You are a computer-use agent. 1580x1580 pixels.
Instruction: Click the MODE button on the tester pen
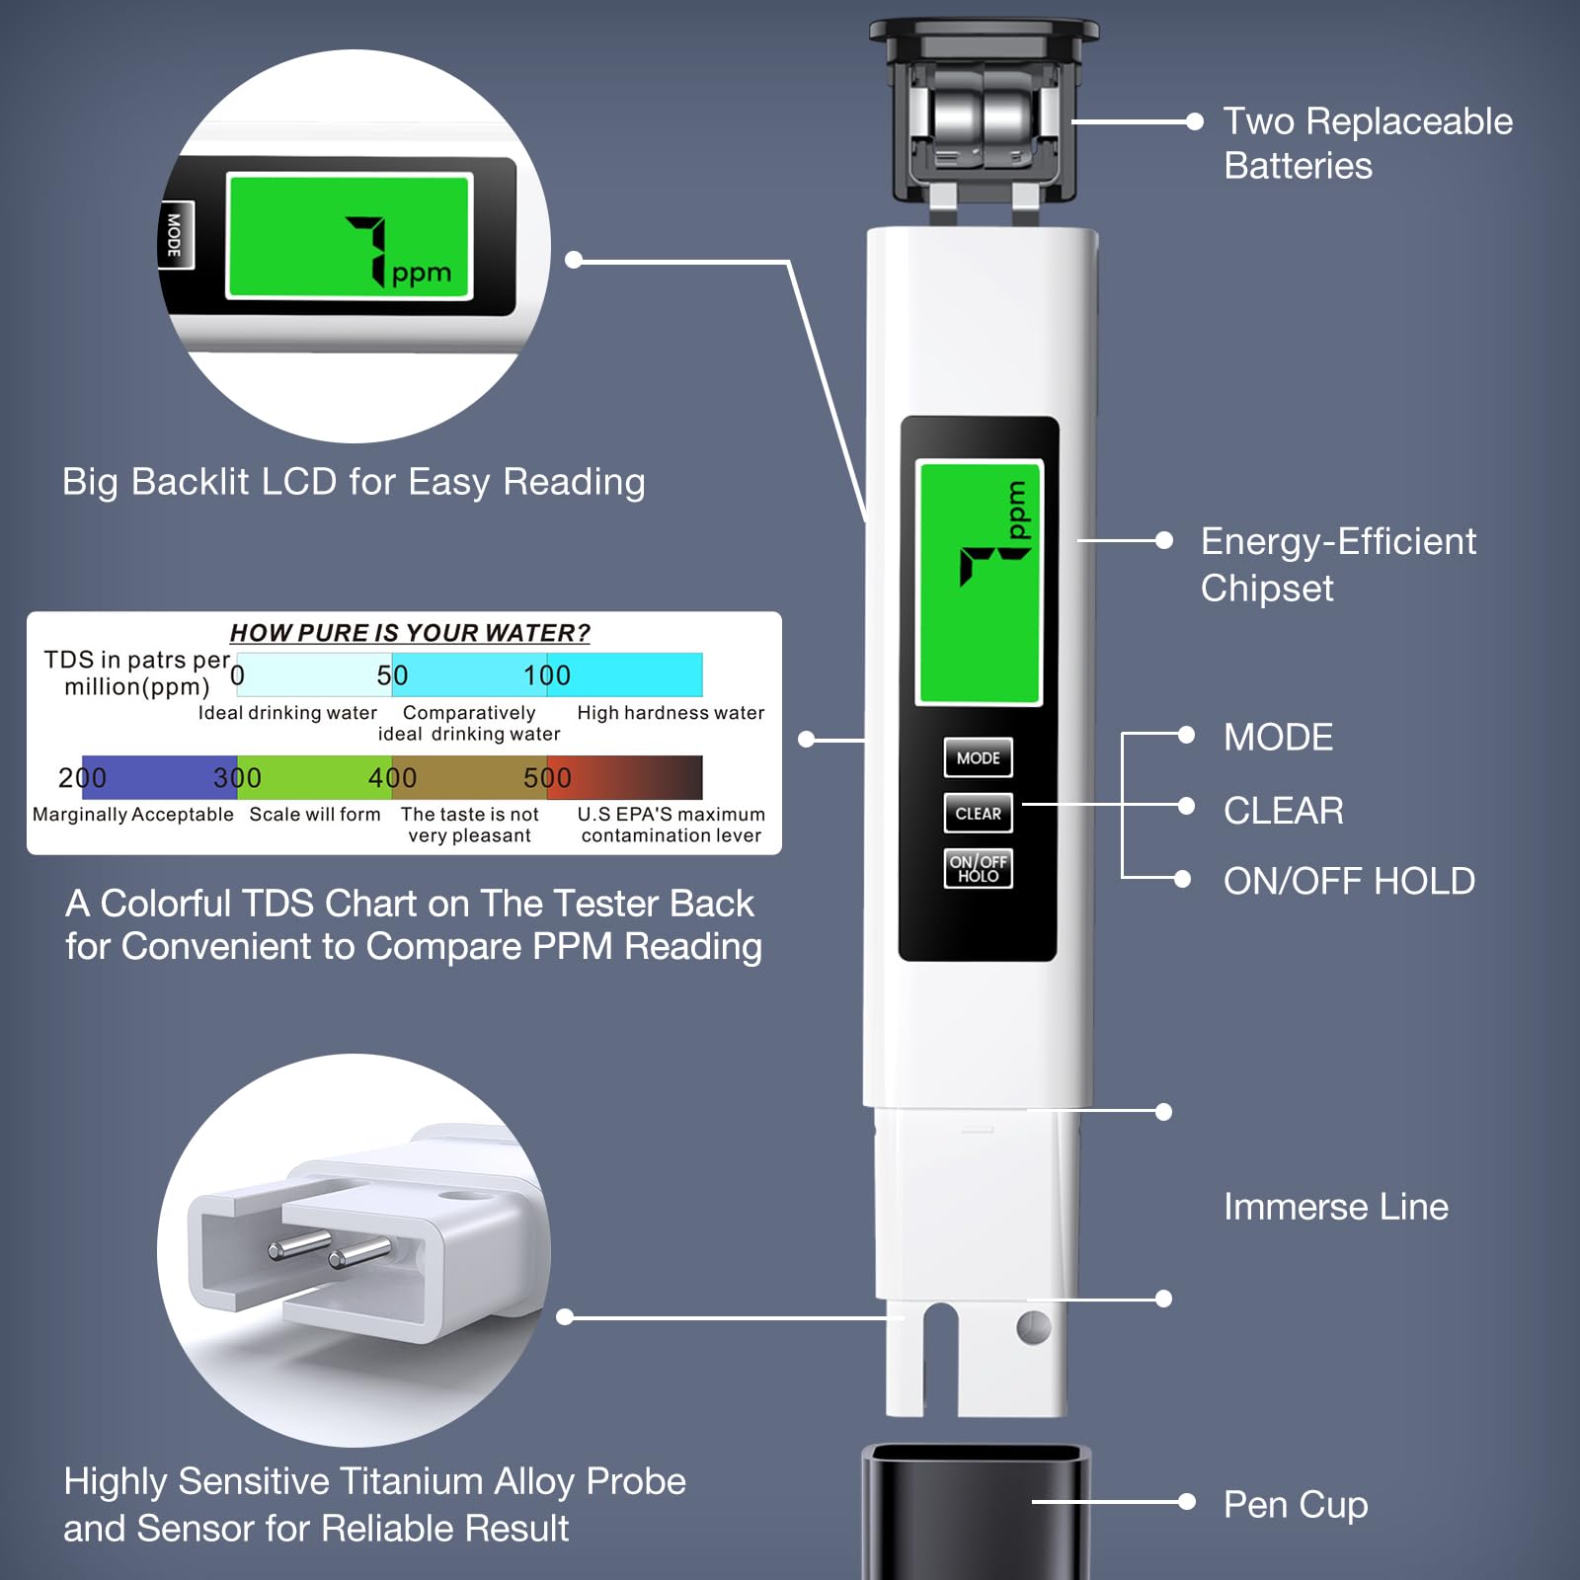[978, 757]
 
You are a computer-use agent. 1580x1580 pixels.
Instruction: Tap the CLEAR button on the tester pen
[978, 814]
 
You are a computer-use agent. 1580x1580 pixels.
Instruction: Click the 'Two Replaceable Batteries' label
[1368, 143]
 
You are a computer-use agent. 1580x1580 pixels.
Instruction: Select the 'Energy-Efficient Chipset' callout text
[1338, 564]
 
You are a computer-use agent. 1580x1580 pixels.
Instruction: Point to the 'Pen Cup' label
[1296, 1504]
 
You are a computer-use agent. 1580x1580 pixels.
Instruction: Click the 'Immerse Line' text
[1335, 1207]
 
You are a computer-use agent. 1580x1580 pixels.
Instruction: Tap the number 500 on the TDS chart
[547, 778]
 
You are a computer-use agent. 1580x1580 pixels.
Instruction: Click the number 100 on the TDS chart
[547, 675]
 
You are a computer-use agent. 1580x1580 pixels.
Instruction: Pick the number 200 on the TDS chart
[82, 778]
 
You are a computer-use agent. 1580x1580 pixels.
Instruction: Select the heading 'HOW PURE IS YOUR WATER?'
[410, 633]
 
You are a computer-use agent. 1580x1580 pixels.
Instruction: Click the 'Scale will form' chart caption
[315, 814]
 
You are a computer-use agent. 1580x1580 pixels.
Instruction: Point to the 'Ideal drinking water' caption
[287, 713]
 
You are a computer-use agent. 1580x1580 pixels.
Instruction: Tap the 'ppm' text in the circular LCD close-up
[422, 274]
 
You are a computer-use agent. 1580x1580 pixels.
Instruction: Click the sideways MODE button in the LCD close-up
[175, 235]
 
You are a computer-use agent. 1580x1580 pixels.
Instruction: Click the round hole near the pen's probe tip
[1033, 1328]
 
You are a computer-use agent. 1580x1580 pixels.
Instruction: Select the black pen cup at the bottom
[977, 1511]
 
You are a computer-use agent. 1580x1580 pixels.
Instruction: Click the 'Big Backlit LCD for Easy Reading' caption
[354, 483]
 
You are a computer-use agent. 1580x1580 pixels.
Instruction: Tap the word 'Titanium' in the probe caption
[412, 1481]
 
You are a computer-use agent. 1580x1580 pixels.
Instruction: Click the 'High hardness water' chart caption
[671, 713]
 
